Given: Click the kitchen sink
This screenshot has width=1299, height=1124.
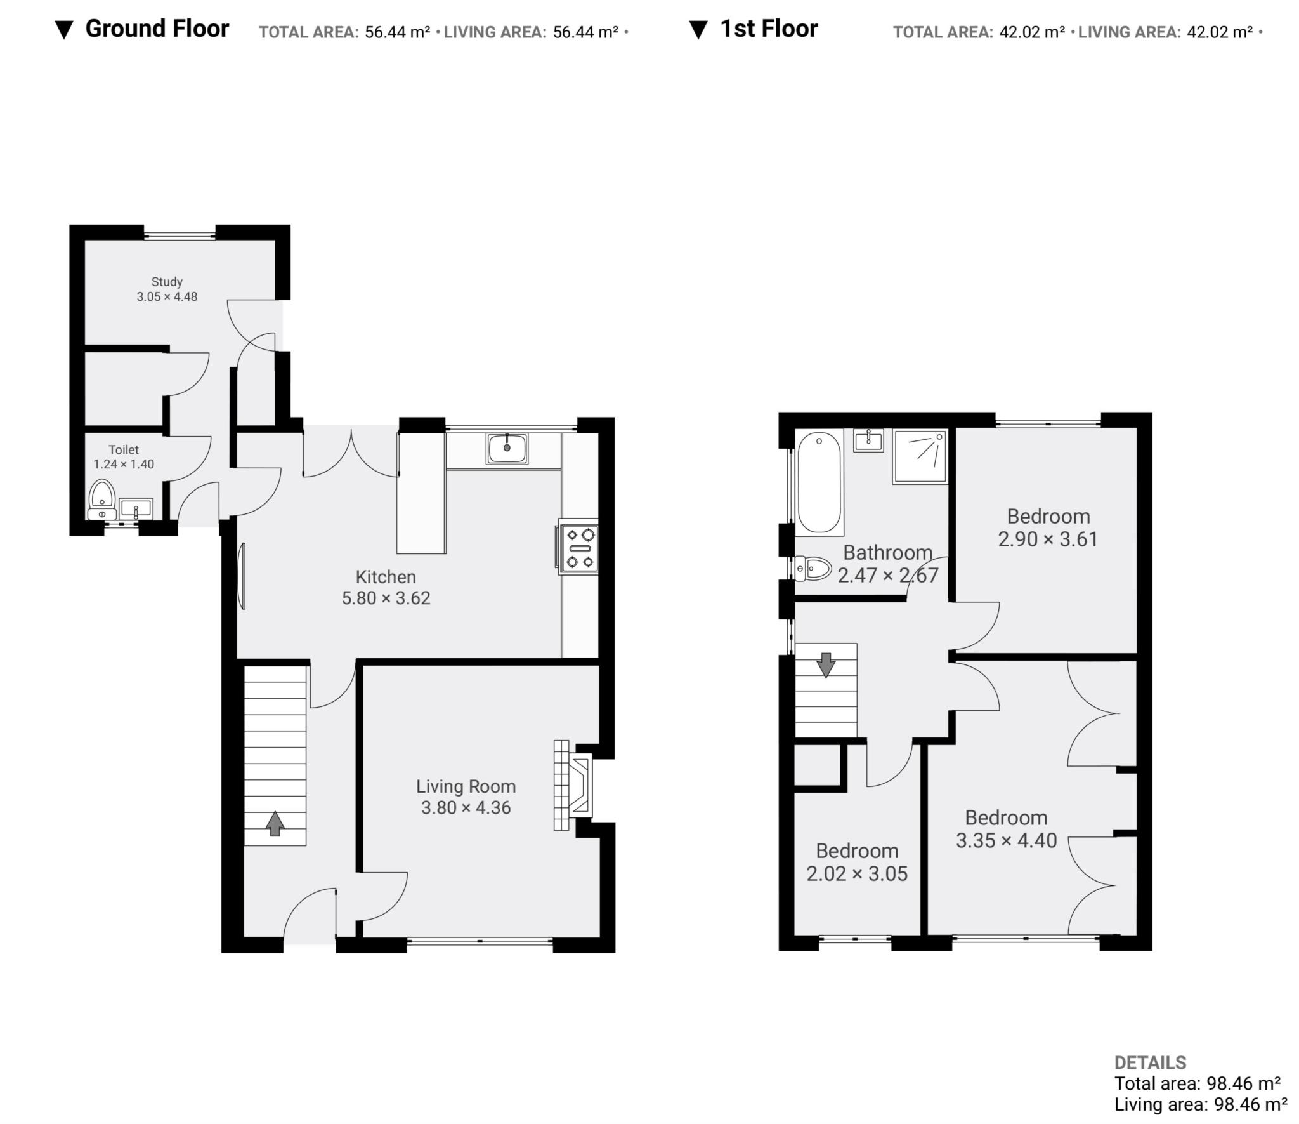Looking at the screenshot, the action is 507,448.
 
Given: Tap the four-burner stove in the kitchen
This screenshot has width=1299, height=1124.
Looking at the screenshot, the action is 578,547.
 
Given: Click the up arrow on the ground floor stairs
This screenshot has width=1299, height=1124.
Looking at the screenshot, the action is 275,824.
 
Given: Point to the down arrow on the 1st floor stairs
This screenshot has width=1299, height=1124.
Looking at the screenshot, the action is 826,665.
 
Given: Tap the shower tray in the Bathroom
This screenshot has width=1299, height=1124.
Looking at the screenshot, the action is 920,456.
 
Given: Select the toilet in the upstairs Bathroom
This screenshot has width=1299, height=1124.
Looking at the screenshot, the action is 813,569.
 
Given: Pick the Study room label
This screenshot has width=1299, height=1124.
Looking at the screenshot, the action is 167,282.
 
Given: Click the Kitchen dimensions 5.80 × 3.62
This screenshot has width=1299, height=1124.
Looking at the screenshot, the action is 386,598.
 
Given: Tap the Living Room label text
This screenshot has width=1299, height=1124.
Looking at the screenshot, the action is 466,786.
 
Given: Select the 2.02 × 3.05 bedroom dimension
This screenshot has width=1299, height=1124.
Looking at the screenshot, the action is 857,874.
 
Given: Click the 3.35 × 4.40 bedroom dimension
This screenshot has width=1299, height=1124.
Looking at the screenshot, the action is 1007,841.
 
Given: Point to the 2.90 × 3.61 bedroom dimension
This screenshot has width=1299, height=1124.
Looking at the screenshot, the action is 1048,539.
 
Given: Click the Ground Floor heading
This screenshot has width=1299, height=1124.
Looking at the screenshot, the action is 157,29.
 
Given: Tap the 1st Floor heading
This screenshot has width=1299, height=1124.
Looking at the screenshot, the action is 769,29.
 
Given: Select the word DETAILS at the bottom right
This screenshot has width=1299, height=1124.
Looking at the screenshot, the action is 1150,1062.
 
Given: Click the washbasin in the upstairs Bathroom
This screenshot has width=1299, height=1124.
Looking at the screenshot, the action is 868,440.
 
